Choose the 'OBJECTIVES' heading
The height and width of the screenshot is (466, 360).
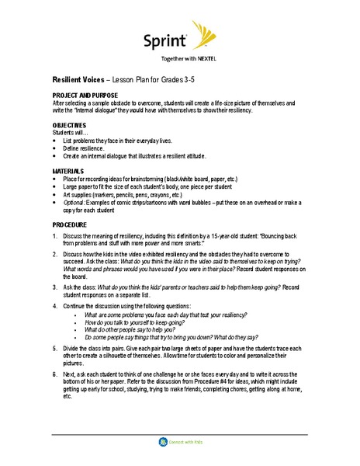(x=69, y=124)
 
